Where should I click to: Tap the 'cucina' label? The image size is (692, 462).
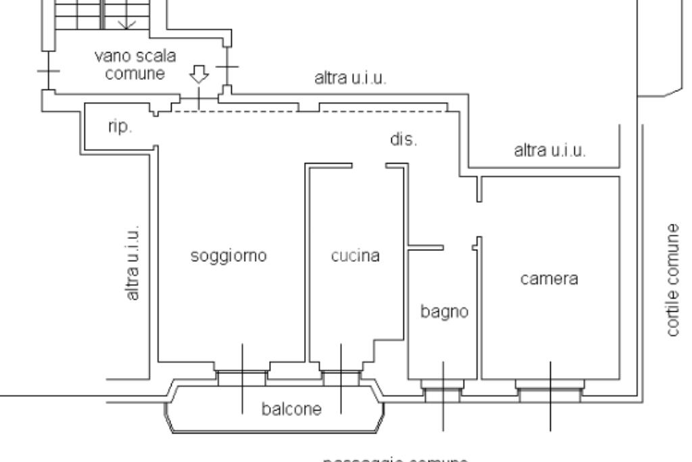[x=355, y=256]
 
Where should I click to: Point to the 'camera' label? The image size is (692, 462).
[x=549, y=279]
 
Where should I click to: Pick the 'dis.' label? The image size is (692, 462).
[x=404, y=140]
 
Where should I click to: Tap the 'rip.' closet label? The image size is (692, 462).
[x=120, y=127]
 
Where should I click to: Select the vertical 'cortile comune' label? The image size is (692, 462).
[x=673, y=280]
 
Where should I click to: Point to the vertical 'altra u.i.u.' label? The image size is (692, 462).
[x=133, y=262]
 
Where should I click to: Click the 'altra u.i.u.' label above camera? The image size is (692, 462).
[x=549, y=150]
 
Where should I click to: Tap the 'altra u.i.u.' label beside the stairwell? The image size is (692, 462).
[x=350, y=78]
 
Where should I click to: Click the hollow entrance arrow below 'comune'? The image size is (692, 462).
[x=199, y=74]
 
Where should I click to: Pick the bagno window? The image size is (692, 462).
[x=443, y=390]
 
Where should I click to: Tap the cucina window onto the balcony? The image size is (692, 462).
[x=341, y=375]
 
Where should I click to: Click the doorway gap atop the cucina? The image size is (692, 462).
[x=369, y=165]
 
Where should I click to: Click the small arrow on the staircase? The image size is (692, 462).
[x=125, y=24]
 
